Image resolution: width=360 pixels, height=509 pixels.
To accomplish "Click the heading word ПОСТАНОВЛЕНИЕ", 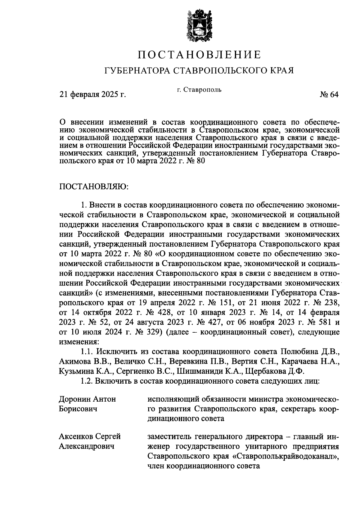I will pos(199,55).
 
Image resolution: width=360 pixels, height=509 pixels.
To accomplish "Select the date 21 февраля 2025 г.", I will pos(93,95).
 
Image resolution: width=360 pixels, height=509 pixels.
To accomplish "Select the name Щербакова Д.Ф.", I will pos(275,371).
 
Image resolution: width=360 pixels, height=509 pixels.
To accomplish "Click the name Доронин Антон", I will pos(87,399).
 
